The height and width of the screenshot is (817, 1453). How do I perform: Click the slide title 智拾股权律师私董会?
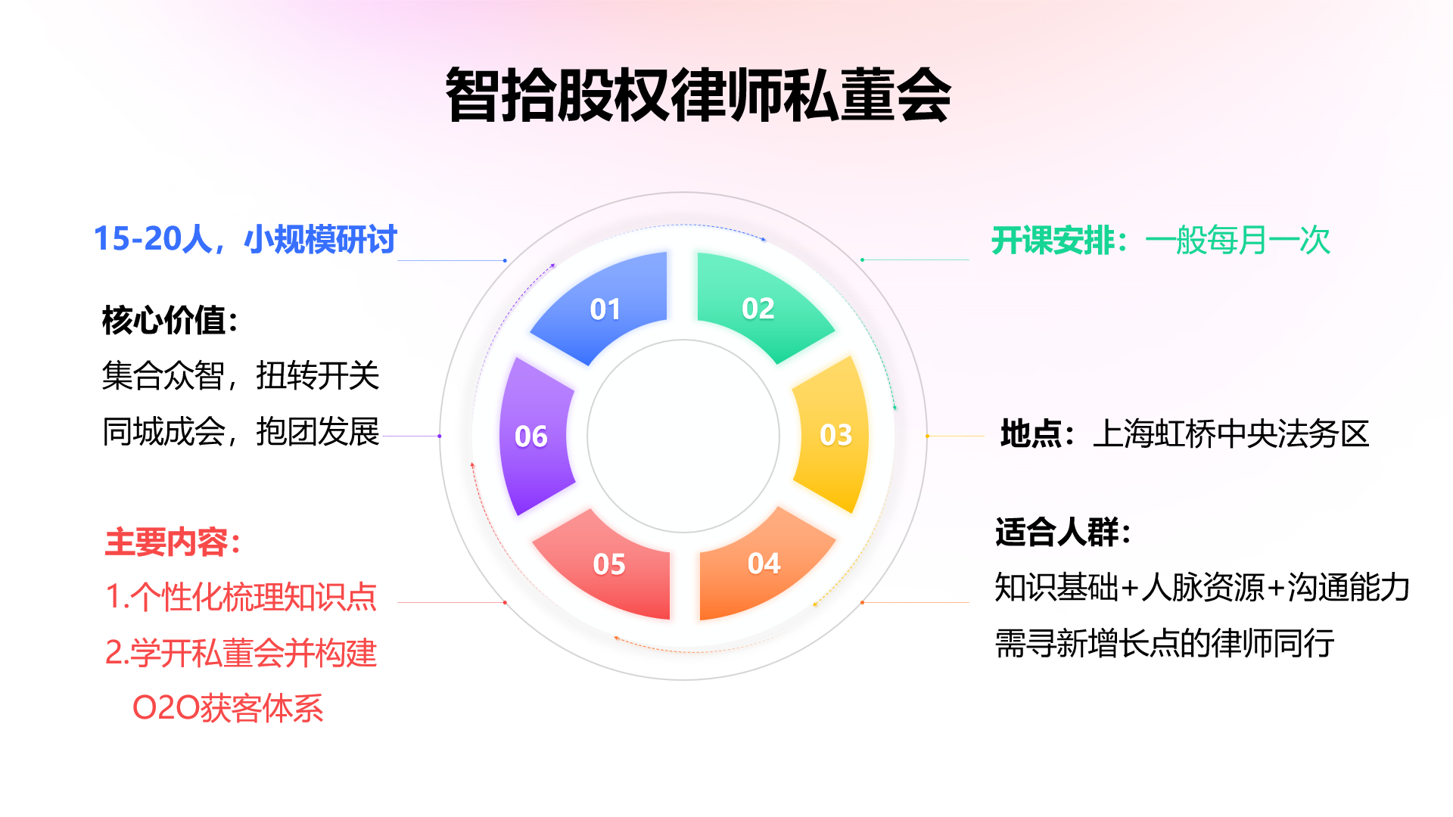tap(698, 95)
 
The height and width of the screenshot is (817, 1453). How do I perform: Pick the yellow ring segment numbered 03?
tap(832, 435)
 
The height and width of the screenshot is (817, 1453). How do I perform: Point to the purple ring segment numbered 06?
tap(534, 436)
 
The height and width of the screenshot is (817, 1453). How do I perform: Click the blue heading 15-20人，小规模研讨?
tap(245, 239)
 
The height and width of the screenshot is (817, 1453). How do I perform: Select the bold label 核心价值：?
tap(170, 320)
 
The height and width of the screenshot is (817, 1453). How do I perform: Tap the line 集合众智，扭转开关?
tap(241, 376)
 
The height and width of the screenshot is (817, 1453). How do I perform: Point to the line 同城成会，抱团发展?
tap(241, 432)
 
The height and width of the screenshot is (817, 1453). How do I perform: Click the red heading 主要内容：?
tap(173, 542)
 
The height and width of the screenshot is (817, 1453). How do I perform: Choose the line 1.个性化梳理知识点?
tap(241, 597)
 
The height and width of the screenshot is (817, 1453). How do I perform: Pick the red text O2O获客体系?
tap(228, 708)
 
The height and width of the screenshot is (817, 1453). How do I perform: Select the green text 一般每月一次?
tap(1238, 241)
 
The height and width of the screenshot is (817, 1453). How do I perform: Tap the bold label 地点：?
tap(1038, 434)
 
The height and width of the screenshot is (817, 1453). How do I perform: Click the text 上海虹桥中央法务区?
tap(1231, 434)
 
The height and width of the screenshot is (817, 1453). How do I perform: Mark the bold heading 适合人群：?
tap(1063, 532)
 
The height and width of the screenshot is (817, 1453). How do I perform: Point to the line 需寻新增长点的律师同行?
tap(1165, 644)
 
